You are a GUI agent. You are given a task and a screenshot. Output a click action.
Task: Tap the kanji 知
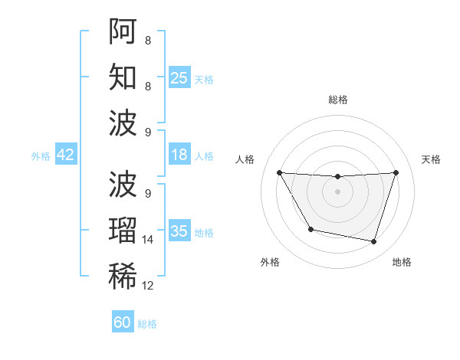click(x=123, y=77)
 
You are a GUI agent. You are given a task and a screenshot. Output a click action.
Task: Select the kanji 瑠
click(x=123, y=231)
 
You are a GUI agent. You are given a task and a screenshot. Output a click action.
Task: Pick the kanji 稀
click(x=123, y=277)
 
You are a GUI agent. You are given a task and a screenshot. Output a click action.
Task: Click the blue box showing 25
click(x=179, y=77)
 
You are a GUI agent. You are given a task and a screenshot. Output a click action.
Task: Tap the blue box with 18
click(x=179, y=155)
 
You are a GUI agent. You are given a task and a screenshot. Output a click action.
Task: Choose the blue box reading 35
click(x=179, y=231)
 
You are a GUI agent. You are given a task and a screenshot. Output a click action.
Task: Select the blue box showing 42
click(x=66, y=155)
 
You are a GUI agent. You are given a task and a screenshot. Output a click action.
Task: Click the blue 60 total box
click(x=123, y=322)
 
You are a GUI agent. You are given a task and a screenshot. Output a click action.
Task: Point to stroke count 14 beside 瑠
click(x=148, y=240)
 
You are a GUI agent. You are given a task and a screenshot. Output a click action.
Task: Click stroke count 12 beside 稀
click(x=148, y=286)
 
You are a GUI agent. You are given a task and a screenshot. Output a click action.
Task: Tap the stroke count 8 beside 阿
click(x=147, y=40)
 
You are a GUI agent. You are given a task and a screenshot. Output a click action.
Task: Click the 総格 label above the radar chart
click(x=337, y=100)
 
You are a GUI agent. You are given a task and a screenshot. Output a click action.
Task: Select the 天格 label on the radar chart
click(x=431, y=159)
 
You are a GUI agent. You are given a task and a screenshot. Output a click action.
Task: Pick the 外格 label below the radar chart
click(x=269, y=262)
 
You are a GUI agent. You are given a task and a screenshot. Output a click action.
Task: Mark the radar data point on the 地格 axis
click(x=374, y=242)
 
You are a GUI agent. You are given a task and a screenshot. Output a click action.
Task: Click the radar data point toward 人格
click(x=279, y=172)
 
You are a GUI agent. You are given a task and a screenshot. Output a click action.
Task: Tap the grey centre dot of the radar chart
click(x=337, y=191)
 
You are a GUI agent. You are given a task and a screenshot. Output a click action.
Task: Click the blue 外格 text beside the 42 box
click(x=41, y=155)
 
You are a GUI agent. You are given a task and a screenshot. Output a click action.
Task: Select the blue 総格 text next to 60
click(x=147, y=324)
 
